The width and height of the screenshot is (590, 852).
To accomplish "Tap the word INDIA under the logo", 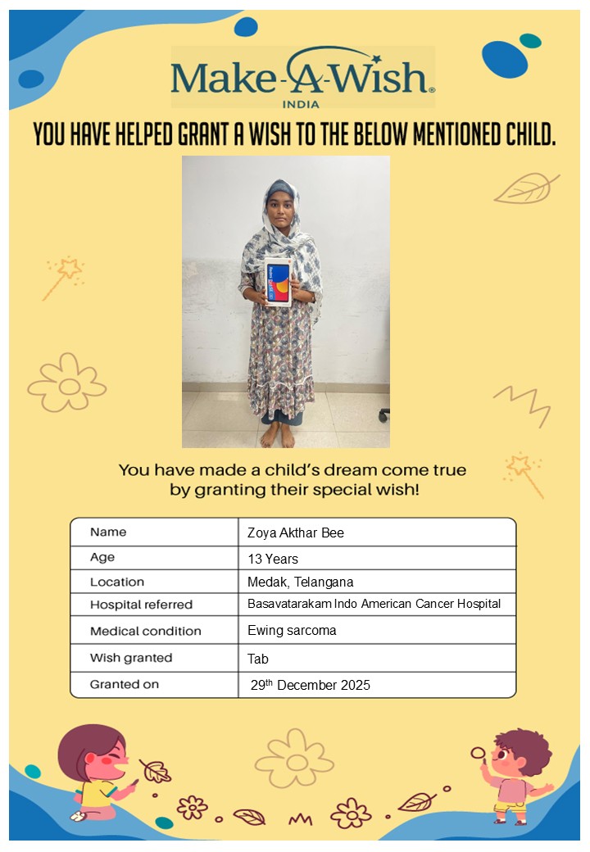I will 300,104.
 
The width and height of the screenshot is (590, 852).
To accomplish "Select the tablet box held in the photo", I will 277,281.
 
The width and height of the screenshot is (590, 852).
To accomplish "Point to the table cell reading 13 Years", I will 273,559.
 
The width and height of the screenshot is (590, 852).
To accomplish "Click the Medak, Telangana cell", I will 300,582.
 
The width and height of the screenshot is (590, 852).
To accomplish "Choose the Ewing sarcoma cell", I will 292,631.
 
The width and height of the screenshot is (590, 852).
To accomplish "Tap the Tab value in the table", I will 257,659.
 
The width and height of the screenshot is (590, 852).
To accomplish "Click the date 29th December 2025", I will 311,685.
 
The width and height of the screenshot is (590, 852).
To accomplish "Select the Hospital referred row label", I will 141,605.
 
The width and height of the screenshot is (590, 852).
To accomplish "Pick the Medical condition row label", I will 145,632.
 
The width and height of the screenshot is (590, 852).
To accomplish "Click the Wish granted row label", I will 131,658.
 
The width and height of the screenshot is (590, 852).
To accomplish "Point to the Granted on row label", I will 125,684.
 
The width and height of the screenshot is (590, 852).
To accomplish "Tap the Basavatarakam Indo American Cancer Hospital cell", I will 374,604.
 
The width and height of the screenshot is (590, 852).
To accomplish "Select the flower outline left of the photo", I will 68,383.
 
